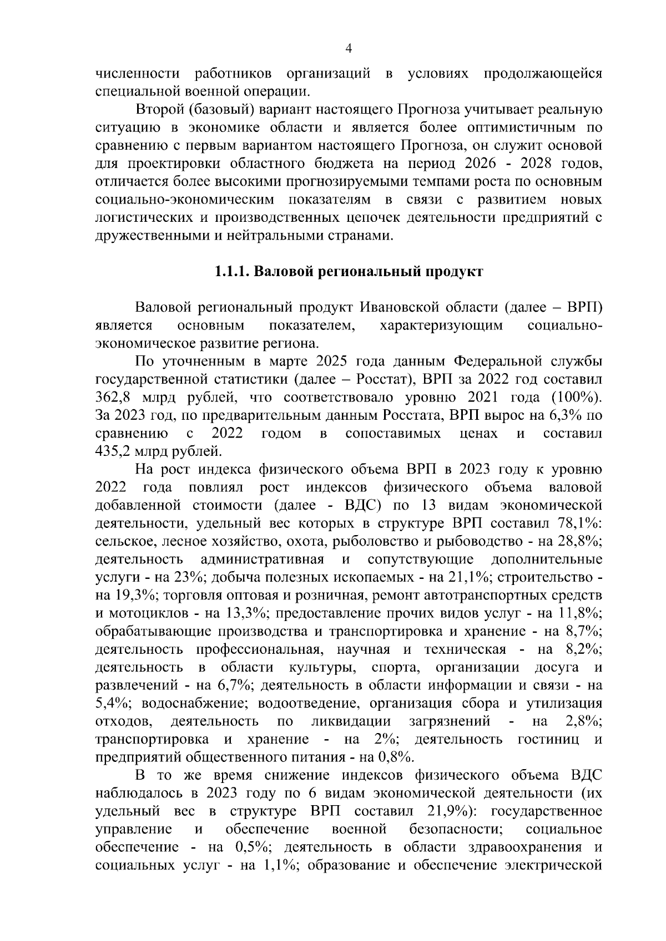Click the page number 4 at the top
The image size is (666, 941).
pyautogui.click(x=349, y=49)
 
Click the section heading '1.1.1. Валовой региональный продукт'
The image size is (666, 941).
pyautogui.click(x=349, y=272)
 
